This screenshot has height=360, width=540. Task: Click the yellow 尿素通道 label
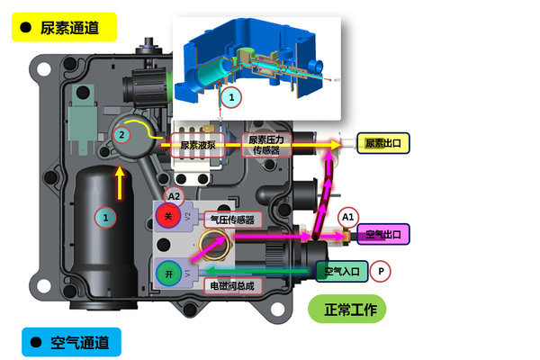click(66, 27)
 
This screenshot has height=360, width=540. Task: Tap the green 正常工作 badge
click(348, 310)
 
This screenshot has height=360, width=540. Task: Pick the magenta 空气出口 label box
click(383, 235)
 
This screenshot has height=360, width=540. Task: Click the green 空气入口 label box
click(340, 270)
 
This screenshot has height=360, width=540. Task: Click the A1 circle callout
click(348, 216)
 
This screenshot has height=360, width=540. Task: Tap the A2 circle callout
click(175, 195)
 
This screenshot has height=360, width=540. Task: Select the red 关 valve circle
click(168, 216)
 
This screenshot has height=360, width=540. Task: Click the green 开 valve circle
click(168, 271)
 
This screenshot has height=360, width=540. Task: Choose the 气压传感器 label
click(231, 219)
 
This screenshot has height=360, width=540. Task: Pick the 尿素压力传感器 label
click(267, 144)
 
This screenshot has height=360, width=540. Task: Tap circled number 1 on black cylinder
click(106, 217)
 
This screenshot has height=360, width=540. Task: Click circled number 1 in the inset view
click(231, 94)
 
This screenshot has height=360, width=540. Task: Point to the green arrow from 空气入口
click(261, 269)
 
